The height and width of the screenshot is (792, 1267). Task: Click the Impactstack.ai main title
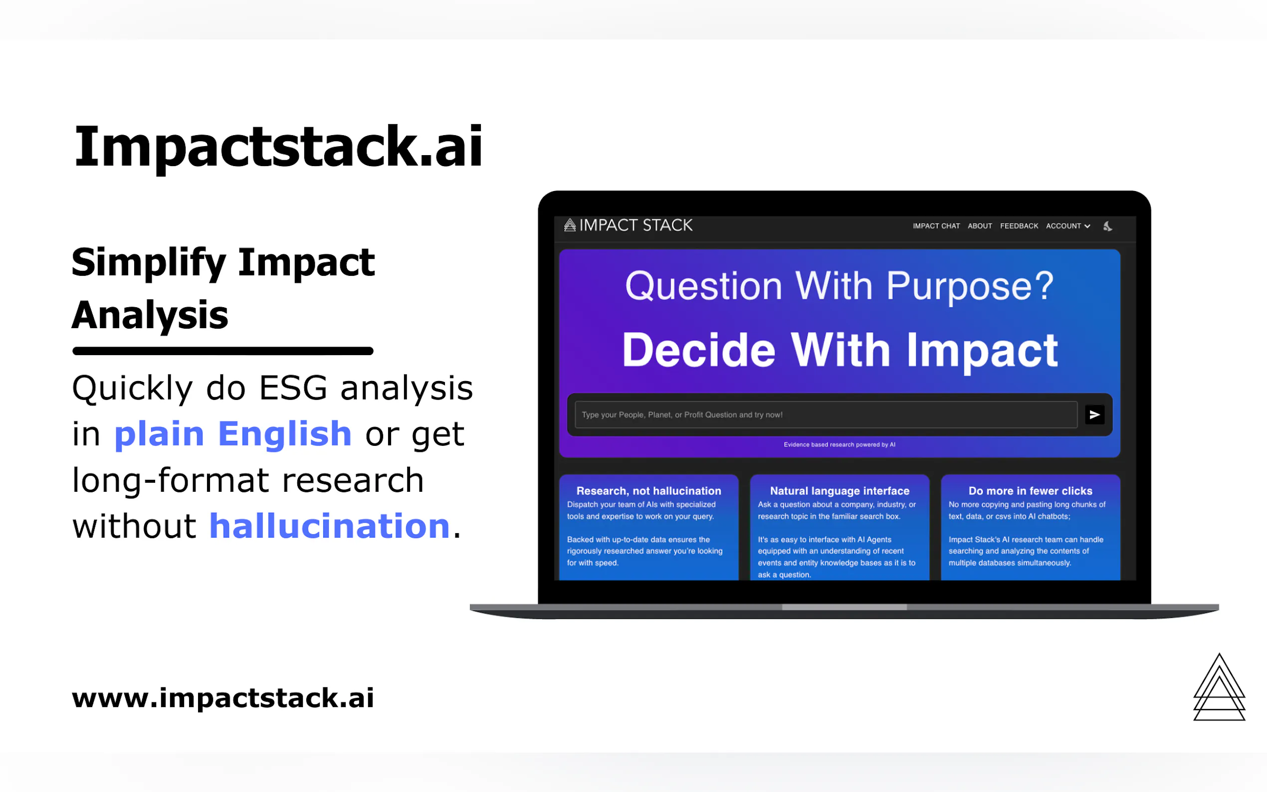(278, 147)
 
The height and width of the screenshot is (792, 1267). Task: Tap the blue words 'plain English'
(232, 434)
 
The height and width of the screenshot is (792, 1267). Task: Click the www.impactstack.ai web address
(223, 698)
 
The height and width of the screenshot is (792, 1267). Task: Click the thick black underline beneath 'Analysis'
(222, 351)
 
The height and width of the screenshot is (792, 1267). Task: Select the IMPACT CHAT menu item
(936, 226)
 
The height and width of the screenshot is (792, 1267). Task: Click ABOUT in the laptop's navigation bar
(980, 226)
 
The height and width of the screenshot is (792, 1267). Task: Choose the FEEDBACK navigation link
(1019, 226)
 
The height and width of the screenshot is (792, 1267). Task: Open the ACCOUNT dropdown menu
(1067, 226)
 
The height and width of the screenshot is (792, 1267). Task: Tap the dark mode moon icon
(1107, 226)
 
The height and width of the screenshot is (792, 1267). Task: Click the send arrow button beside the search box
(1094, 415)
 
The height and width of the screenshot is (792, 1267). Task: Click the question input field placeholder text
(682, 415)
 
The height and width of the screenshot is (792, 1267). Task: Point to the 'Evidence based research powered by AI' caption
(839, 445)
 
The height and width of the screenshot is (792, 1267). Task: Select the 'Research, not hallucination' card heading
(648, 491)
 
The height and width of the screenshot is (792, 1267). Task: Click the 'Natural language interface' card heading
(840, 491)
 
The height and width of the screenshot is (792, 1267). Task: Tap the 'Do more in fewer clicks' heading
(1030, 491)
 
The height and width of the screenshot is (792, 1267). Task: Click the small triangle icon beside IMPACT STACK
(570, 225)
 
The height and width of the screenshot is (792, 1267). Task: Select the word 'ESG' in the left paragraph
(293, 388)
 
